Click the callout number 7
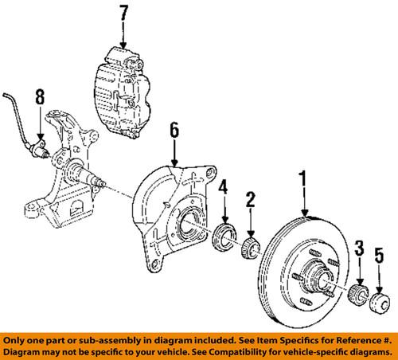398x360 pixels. point(123,13)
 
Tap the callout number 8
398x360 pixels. point(40,97)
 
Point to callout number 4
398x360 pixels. point(223,186)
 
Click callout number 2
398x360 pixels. point(250,199)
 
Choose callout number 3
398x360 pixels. point(360,248)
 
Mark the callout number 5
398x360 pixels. point(380,255)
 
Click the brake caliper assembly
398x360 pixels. point(123,93)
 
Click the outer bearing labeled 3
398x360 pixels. point(357,294)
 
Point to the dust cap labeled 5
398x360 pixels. point(380,303)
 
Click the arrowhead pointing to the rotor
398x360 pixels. point(305,213)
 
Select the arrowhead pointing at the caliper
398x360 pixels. point(123,45)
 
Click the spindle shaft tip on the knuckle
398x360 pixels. point(103,184)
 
